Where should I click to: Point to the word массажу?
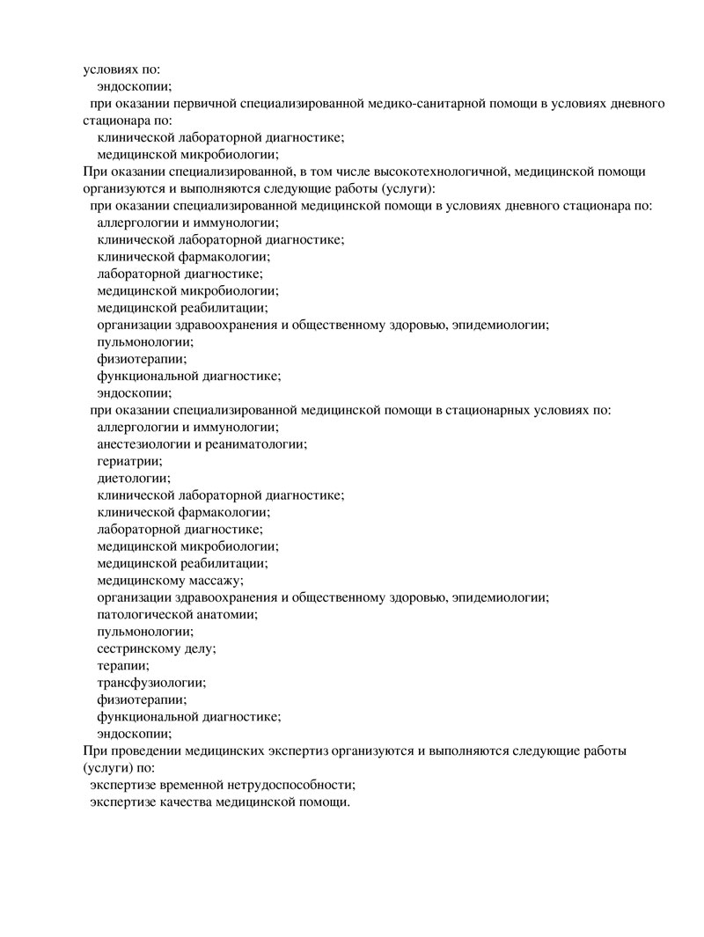(215, 580)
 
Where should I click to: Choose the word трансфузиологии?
(151, 682)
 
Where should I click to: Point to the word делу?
(201, 648)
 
